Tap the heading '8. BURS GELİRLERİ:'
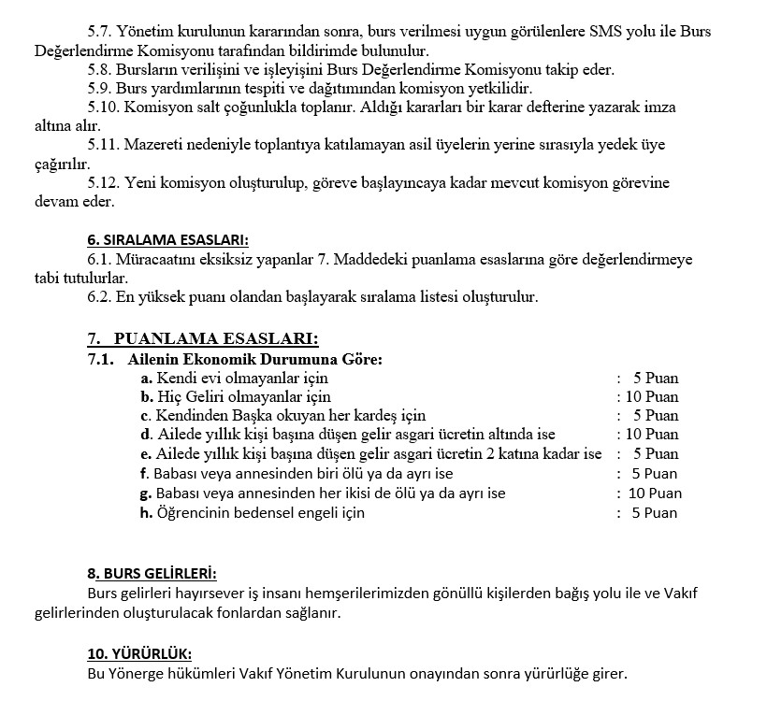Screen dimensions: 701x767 [x=152, y=573]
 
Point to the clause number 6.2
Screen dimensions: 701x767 [x=99, y=297]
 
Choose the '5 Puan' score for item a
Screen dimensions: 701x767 [x=655, y=379]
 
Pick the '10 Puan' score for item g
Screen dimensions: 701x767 [x=655, y=493]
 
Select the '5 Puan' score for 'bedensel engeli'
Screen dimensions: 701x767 [x=655, y=512]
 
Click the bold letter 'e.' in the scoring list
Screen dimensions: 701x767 [x=146, y=454]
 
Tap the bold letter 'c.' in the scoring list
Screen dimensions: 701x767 [x=146, y=416]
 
